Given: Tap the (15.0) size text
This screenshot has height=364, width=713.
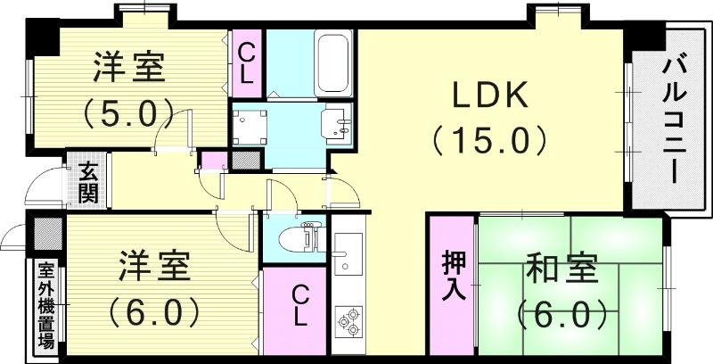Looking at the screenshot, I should coord(488,140).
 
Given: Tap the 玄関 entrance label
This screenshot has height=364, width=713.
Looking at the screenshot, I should coord(87,184).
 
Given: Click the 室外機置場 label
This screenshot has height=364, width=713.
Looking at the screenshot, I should coord(45,303).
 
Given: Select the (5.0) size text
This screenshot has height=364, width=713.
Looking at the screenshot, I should coord(128,112).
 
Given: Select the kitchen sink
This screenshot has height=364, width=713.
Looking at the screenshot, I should coord(348,253).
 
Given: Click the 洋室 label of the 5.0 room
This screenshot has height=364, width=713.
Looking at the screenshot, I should coord(129,67).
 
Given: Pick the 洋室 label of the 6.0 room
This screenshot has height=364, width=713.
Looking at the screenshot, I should coord(153,265).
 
